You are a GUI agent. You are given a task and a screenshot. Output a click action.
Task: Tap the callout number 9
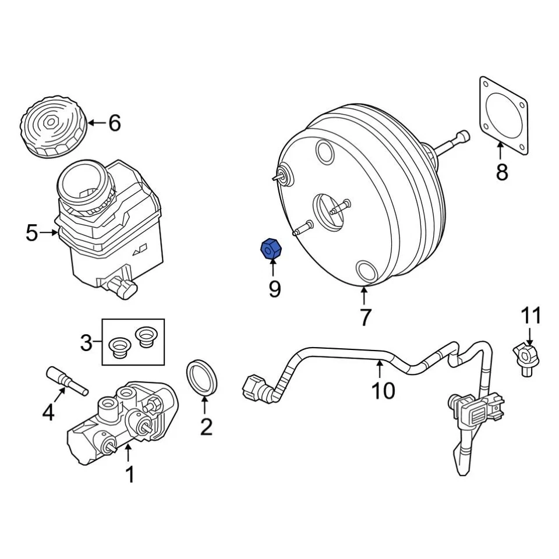[x=274, y=288]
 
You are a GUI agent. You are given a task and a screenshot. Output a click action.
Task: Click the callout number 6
[x=114, y=123]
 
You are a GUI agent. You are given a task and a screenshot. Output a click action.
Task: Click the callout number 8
[x=501, y=172]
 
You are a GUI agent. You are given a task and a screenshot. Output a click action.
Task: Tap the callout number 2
[x=206, y=427]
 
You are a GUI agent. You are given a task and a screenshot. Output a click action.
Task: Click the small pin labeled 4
[x=65, y=380]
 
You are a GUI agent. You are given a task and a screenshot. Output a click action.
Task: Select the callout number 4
[x=48, y=413]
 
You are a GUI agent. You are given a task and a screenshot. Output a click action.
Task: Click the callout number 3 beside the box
[x=86, y=343]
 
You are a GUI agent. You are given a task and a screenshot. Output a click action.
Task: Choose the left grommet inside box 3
[x=120, y=347]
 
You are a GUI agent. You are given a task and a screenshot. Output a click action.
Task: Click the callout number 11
[x=530, y=316]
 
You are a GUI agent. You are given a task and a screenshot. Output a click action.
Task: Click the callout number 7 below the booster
[x=365, y=317]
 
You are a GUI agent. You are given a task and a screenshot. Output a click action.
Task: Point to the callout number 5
[x=33, y=233]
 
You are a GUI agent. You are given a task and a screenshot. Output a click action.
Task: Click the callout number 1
[x=130, y=475]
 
